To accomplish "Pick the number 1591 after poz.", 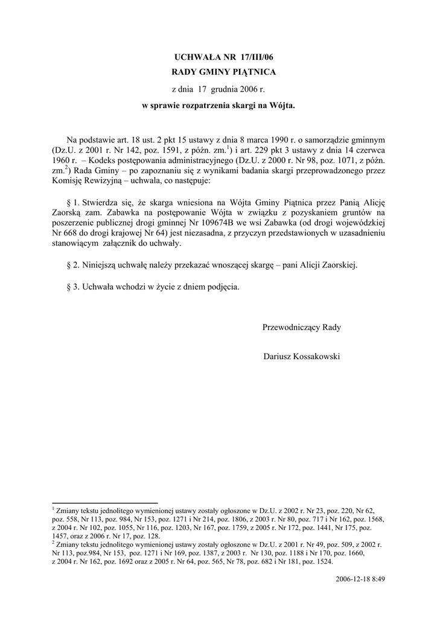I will tap(176, 150).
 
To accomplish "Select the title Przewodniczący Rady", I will tap(302, 327).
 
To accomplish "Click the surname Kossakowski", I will tap(314, 357).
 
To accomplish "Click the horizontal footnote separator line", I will tap(105, 503).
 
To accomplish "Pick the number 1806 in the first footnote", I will tap(243, 518).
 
